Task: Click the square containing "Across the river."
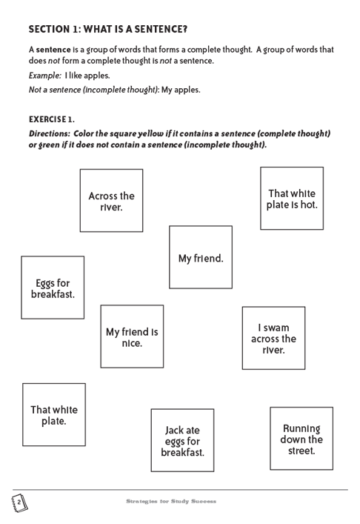tap(111, 200)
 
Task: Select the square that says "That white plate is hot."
tap(292, 198)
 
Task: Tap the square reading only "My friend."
tap(201, 257)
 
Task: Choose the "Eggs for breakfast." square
tap(53, 288)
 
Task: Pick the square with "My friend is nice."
tap(132, 336)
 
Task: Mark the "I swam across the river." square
tap(273, 338)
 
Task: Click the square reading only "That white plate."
tap(54, 414)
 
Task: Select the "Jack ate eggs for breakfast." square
tap(182, 440)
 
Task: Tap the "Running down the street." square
tap(301, 439)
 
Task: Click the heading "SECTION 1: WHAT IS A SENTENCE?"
tap(108, 30)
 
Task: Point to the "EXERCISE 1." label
tap(52, 119)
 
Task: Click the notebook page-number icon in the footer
tap(19, 503)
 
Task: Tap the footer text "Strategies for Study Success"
tap(171, 501)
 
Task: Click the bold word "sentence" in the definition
tap(53, 50)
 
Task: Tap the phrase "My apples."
tap(181, 90)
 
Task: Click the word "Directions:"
tap(50, 133)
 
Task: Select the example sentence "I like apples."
tap(87, 76)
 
